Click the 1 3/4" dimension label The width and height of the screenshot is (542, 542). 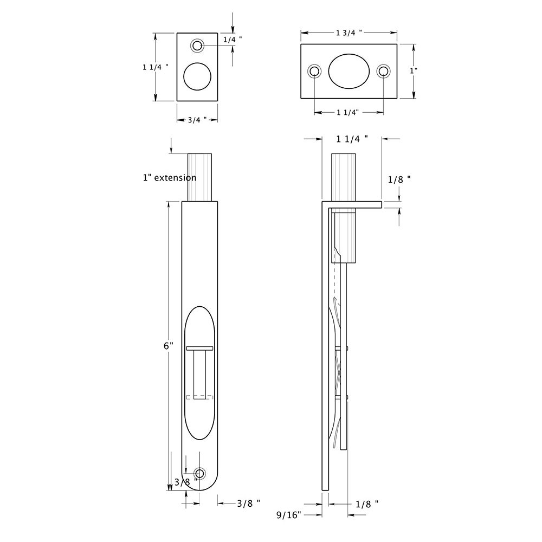click(x=349, y=33)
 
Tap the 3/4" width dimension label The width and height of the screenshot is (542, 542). click(x=197, y=120)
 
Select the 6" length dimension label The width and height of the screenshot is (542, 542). click(x=169, y=346)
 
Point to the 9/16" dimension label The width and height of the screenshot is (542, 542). click(x=289, y=515)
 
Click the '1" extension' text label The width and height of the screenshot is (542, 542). click(x=170, y=178)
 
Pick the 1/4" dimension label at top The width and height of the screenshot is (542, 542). click(x=233, y=40)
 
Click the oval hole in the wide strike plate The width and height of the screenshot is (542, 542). click(x=349, y=71)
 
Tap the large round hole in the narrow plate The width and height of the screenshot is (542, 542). click(x=197, y=76)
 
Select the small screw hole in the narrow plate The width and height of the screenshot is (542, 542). click(x=197, y=46)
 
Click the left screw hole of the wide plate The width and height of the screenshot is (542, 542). click(x=314, y=71)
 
